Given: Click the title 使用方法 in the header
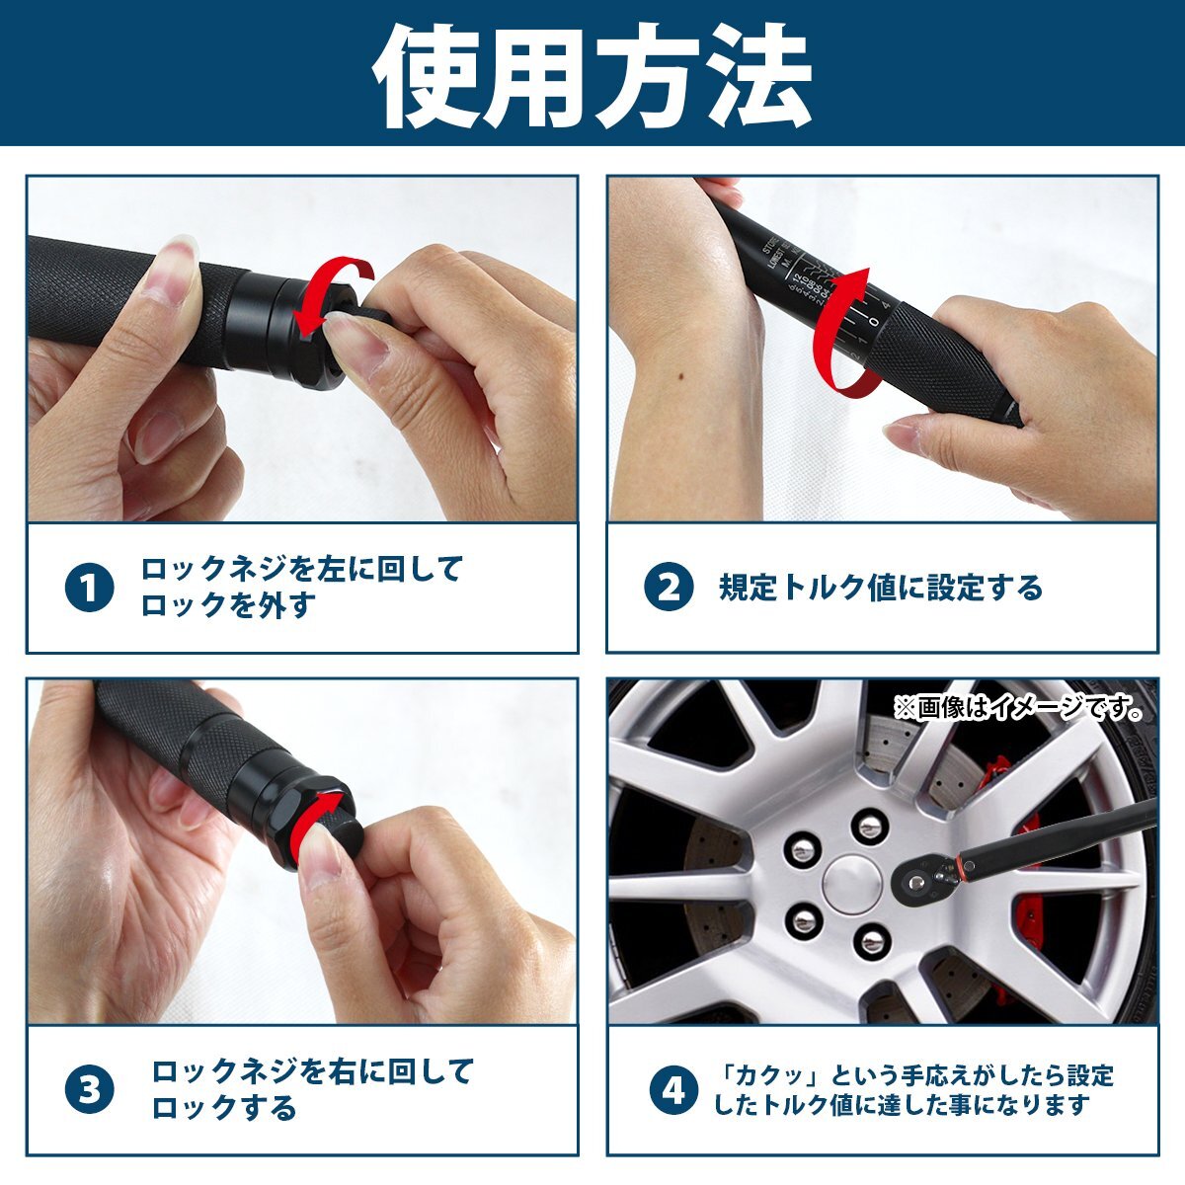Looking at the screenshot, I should tap(592, 74).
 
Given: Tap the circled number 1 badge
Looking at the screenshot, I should tap(90, 589).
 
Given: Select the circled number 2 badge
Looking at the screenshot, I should tap(669, 589).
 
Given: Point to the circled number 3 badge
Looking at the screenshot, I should tap(90, 1090).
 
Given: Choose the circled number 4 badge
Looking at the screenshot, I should tap(672, 1090).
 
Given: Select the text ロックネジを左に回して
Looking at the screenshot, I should tap(301, 570).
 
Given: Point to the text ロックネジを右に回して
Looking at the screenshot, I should tap(312, 1071).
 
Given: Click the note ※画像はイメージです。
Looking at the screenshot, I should tap(1018, 708).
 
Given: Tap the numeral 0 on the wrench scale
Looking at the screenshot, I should tap(874, 318).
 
